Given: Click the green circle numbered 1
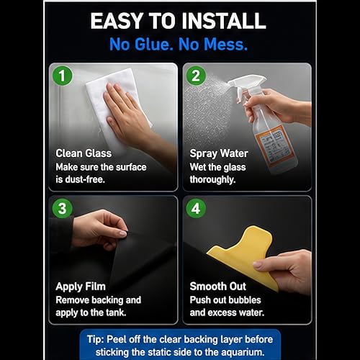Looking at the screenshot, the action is click(x=63, y=76).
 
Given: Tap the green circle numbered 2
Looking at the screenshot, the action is click(x=196, y=76).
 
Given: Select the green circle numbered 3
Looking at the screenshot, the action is click(x=63, y=208).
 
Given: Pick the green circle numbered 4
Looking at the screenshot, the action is click(x=196, y=208).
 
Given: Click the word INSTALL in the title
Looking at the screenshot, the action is click(x=224, y=21).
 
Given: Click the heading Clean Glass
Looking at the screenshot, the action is click(x=84, y=153).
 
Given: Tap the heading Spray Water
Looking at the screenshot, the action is click(x=219, y=154).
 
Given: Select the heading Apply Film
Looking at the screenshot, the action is click(x=81, y=287).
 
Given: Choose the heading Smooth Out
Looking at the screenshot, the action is click(x=218, y=287).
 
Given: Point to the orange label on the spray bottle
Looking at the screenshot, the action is click(x=276, y=145).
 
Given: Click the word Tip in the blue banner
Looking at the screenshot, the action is click(x=95, y=340).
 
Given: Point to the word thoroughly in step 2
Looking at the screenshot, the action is click(x=212, y=180).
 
